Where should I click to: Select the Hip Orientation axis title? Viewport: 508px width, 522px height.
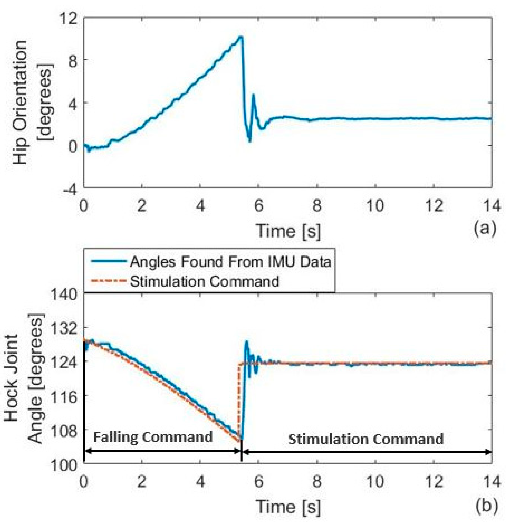coord(33,103)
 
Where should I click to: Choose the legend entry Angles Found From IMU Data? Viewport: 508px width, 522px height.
coord(230,262)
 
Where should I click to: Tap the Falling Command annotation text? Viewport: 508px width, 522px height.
coord(153,437)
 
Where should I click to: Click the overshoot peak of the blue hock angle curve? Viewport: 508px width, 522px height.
coord(246,341)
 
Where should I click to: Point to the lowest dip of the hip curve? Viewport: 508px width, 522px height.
coord(249,141)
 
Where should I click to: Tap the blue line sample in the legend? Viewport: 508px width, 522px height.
coord(108,262)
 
